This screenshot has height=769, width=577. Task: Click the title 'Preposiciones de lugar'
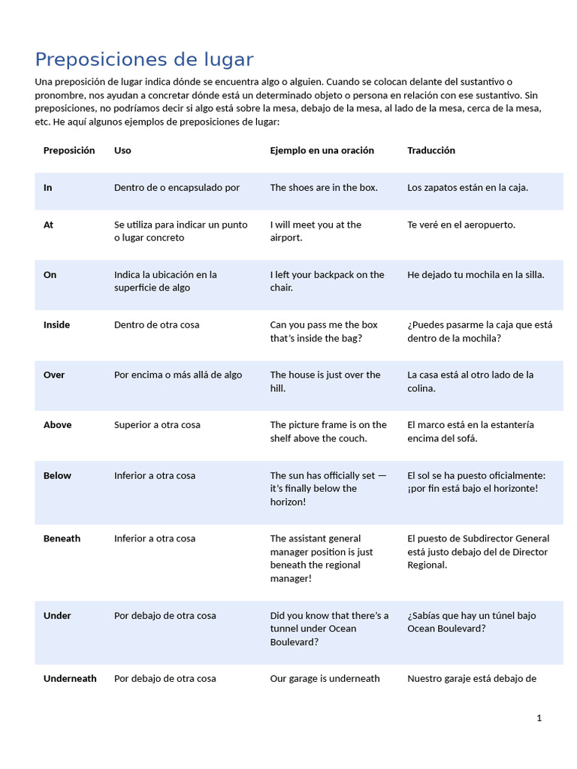coord(144,59)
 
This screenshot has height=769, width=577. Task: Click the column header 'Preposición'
coord(69,150)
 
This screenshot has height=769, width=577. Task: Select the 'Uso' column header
coord(122,150)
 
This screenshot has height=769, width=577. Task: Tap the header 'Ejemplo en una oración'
coord(322,150)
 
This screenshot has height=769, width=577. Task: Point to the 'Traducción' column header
coord(431,150)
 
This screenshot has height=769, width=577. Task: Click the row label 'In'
coord(48,188)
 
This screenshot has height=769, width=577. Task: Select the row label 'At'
coord(49,225)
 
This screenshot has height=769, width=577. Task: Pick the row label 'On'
coord(50,275)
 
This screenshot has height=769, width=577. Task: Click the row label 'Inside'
coord(56,325)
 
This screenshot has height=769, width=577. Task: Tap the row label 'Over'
coord(54,375)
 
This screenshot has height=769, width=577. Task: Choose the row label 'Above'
coord(57,425)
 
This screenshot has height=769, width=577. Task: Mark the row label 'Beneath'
coord(62,538)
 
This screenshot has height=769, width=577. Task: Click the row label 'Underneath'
coord(70,679)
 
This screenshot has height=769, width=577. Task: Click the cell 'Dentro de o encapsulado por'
coord(177,188)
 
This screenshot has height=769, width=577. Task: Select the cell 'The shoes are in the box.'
coord(324,188)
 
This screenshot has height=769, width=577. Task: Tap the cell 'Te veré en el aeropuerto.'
coord(461,225)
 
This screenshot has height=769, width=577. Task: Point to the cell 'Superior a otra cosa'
coord(157,425)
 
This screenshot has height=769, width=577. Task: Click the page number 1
coord(539,718)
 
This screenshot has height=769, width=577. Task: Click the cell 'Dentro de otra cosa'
coord(156,325)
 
